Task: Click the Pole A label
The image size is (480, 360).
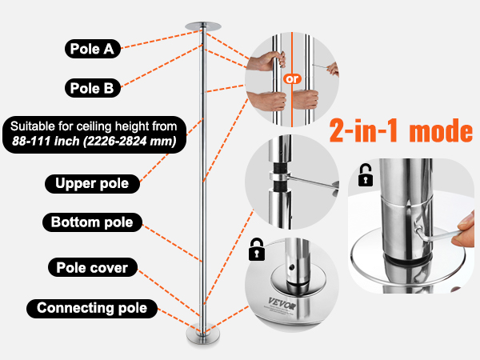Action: (x=93, y=49)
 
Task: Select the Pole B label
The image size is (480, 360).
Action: (x=93, y=88)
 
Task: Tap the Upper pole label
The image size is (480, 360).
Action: (x=92, y=184)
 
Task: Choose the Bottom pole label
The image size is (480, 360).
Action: (x=92, y=222)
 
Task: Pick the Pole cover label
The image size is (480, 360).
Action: (x=93, y=267)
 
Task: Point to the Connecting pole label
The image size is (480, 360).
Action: (x=92, y=308)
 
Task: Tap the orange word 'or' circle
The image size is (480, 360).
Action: (x=292, y=79)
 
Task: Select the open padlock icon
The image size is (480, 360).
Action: (x=366, y=175)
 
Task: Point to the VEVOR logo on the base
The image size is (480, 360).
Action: (x=282, y=304)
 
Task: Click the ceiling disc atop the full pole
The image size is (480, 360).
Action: (x=203, y=26)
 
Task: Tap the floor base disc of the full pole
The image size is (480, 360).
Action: (x=203, y=336)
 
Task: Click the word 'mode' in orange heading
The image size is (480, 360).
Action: (x=441, y=130)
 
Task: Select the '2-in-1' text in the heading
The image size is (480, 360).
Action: (x=363, y=130)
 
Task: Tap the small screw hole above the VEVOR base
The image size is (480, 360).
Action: (x=292, y=267)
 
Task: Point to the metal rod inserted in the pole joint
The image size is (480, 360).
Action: (x=312, y=182)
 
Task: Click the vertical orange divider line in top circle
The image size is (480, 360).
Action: (x=292, y=79)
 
